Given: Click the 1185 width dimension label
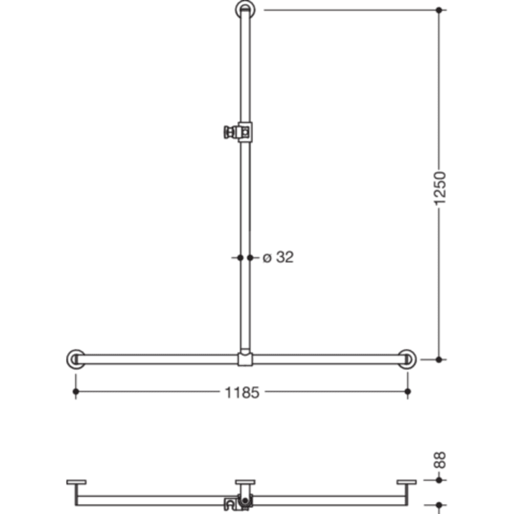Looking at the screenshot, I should (242, 392).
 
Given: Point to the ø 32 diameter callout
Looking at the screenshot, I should (278, 257).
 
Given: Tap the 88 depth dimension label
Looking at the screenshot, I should (439, 461).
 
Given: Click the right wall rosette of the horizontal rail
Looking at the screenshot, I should (406, 359).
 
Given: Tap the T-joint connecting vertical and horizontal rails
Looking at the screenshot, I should (245, 359).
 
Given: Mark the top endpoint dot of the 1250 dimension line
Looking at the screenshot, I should (439, 10).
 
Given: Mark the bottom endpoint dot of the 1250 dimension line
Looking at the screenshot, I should (439, 359).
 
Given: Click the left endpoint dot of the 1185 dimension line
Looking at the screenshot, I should (76, 392).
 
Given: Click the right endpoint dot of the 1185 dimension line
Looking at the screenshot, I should (408, 392).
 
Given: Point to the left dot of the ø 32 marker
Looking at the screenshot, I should (240, 257).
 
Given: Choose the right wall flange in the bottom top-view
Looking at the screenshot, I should (406, 482).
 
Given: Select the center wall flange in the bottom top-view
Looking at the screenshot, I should (245, 482).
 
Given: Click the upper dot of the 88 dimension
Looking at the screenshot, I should (439, 480).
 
